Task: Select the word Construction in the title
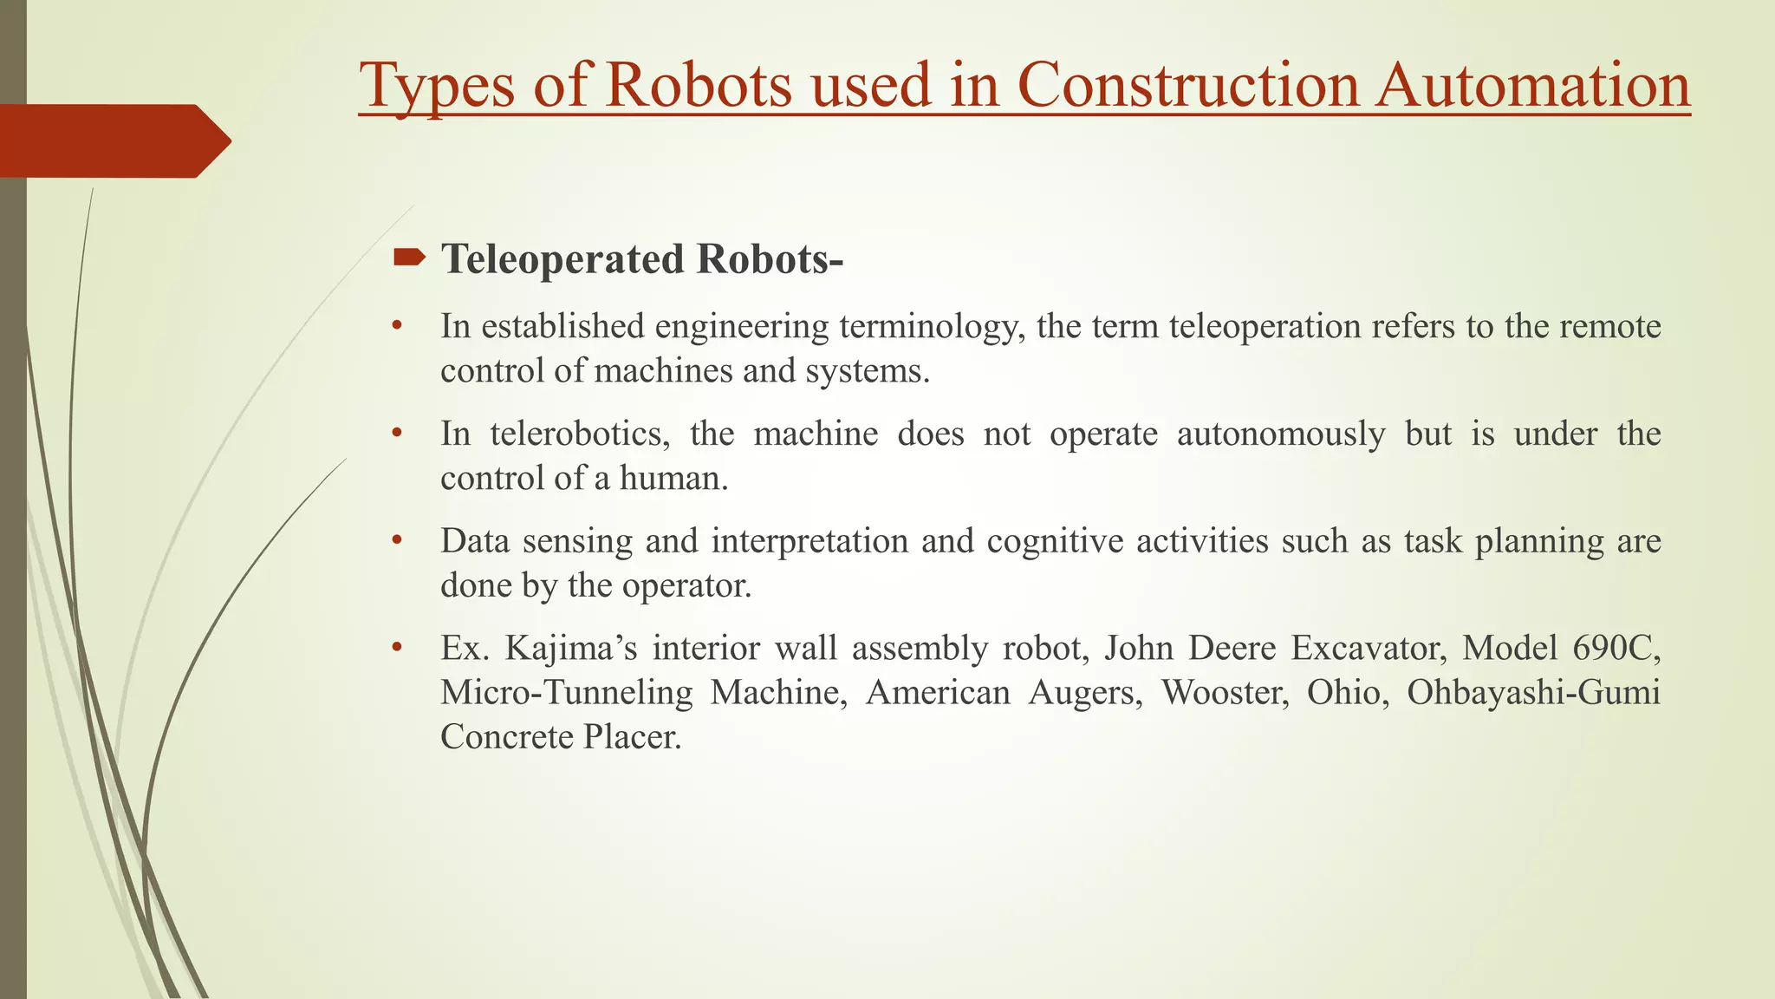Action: point(1188,86)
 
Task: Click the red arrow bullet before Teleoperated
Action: point(409,257)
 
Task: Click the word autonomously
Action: point(1280,434)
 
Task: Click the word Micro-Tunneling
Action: point(567,692)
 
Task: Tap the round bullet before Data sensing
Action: point(397,541)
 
